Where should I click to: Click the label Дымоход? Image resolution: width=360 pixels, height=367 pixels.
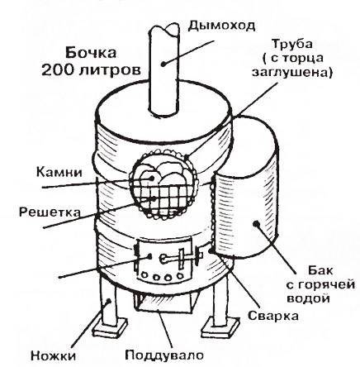[x=221, y=26]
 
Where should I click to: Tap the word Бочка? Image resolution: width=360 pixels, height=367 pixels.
[x=91, y=53]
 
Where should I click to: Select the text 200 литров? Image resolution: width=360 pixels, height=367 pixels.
[x=92, y=70]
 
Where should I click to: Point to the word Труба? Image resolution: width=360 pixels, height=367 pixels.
[x=292, y=45]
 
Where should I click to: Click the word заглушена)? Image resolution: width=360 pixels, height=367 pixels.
[x=292, y=72]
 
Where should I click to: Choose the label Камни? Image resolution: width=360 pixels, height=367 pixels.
[x=59, y=173]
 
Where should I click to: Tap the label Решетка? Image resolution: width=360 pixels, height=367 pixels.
[x=50, y=212]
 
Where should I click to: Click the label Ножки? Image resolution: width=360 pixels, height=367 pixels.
[x=53, y=355]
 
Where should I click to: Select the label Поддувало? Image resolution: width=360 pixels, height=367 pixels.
[x=164, y=355]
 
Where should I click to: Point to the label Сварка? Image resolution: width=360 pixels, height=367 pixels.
[x=273, y=316]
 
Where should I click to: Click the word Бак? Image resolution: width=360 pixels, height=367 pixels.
[x=320, y=270]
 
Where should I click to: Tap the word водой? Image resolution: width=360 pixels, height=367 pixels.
[x=308, y=298]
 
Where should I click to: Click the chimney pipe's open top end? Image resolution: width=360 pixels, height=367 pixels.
[x=164, y=30]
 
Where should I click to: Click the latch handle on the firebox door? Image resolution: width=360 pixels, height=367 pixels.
[x=179, y=258]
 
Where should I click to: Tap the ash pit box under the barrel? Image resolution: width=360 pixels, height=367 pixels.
[x=165, y=303]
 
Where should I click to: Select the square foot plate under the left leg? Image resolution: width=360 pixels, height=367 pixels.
[x=111, y=328]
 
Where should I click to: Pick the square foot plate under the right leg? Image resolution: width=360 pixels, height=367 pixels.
[x=220, y=326]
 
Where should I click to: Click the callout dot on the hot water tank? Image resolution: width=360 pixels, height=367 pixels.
[x=258, y=224]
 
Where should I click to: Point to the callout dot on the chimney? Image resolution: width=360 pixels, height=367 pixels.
[x=163, y=64]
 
